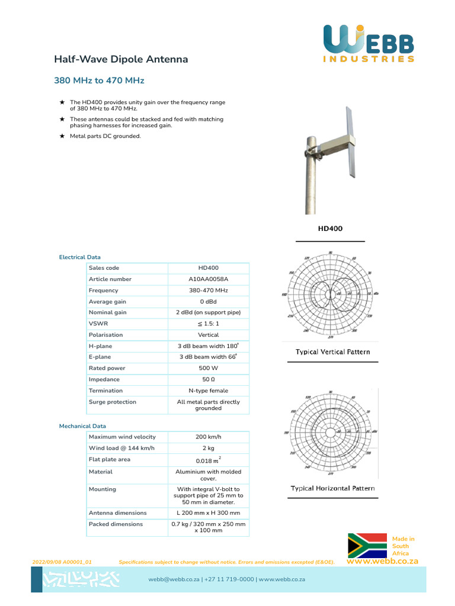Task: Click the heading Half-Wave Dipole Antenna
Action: tap(121, 59)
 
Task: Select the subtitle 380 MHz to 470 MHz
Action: tap(99, 80)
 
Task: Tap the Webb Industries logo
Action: tap(369, 44)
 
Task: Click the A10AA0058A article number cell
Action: tap(208, 279)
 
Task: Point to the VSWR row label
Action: tap(98, 324)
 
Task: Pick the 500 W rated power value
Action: tap(208, 368)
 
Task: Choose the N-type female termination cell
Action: tap(208, 391)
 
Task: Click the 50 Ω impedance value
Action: tap(208, 379)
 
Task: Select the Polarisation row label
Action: tap(106, 335)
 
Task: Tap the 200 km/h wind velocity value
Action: tap(208, 437)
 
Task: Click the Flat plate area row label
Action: tap(110, 459)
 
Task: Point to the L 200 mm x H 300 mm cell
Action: tap(208, 513)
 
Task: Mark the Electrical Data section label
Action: tap(79, 257)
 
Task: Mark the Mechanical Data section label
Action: tap(82, 426)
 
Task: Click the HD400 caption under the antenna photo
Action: tap(330, 228)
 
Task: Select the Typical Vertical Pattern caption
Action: tap(332, 352)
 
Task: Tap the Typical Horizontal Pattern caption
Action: tap(332, 489)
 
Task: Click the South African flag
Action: tap(367, 545)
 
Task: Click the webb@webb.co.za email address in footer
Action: tap(174, 579)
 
